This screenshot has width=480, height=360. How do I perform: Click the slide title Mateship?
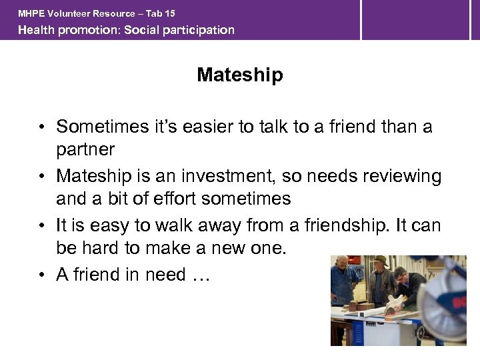[x=239, y=75]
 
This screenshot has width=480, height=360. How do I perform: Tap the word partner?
[x=85, y=149]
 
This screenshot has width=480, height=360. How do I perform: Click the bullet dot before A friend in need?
[x=41, y=275]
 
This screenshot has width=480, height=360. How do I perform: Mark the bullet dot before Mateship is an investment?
[x=41, y=177]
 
